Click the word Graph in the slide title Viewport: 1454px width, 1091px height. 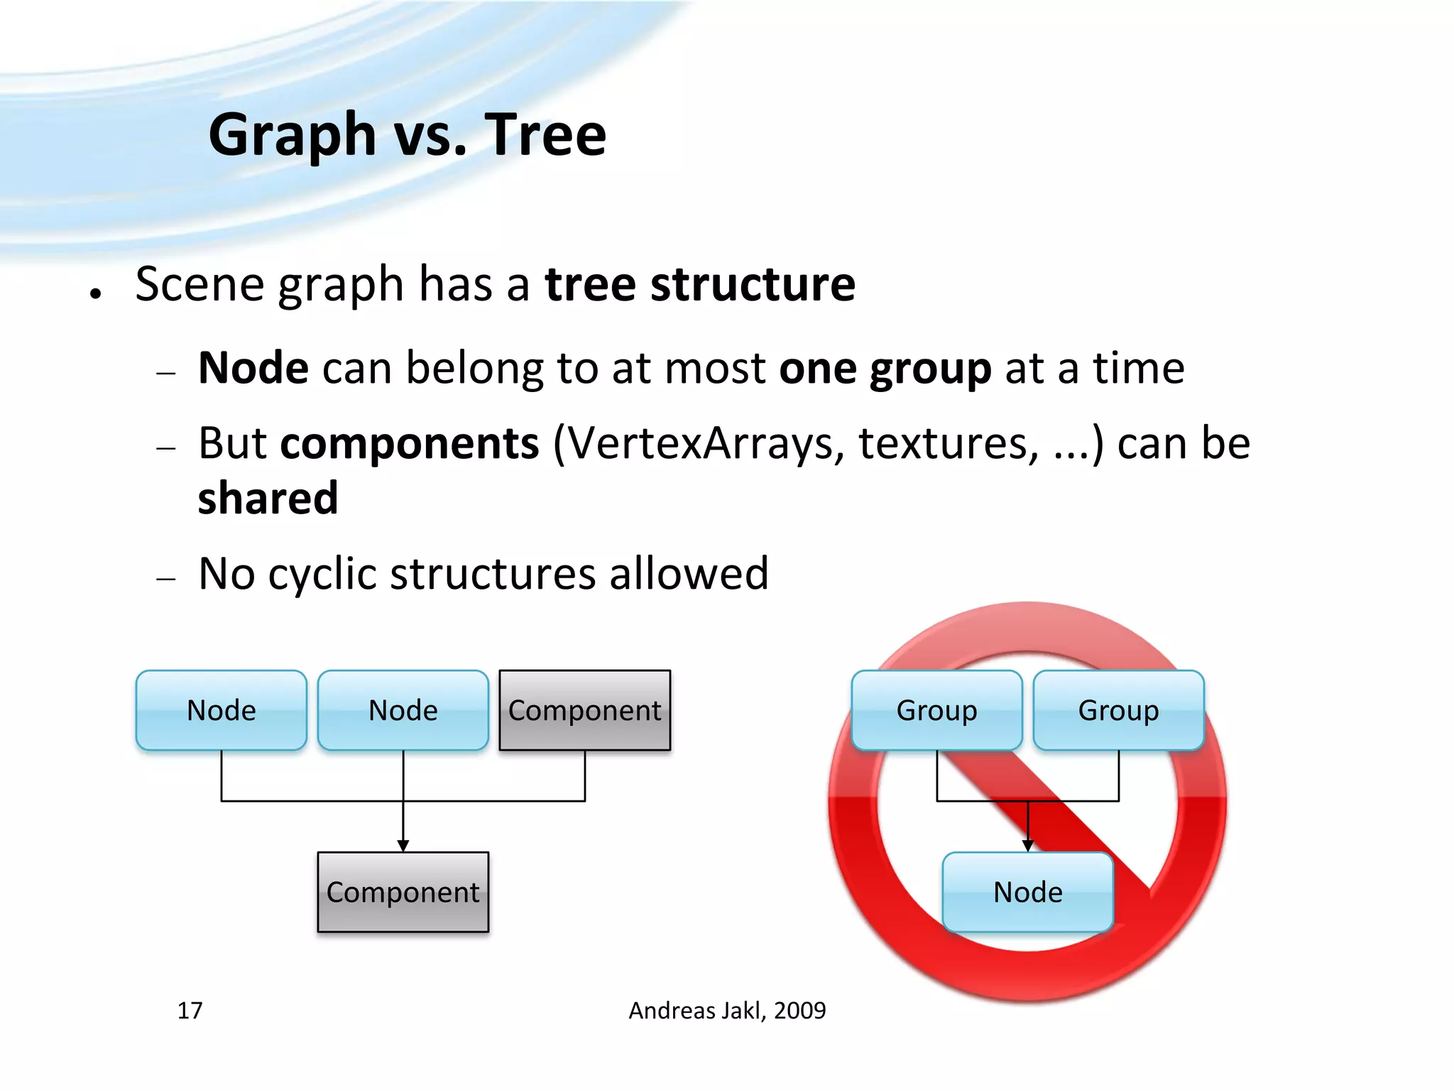(x=292, y=135)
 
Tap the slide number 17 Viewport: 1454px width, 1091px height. (x=190, y=1010)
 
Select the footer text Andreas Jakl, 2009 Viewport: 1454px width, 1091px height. (x=727, y=1010)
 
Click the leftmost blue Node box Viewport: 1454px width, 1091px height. (x=222, y=710)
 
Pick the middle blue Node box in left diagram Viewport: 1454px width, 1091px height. (x=403, y=710)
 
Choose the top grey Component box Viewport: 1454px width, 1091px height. (x=585, y=710)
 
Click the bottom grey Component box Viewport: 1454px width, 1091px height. (x=403, y=892)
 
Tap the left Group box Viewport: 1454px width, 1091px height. (x=937, y=710)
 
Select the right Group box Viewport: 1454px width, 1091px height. (x=1119, y=710)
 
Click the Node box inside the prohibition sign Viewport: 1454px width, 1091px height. (x=1028, y=892)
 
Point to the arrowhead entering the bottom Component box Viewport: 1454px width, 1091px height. (x=403, y=845)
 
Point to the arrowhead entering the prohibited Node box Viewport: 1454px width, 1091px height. (x=1028, y=845)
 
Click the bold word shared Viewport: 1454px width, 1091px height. (x=268, y=499)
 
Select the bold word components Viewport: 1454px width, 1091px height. (x=410, y=443)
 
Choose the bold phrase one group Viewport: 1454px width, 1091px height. (x=885, y=368)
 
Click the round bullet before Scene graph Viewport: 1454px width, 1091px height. (x=96, y=293)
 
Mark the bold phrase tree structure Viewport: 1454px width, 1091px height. (x=700, y=284)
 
